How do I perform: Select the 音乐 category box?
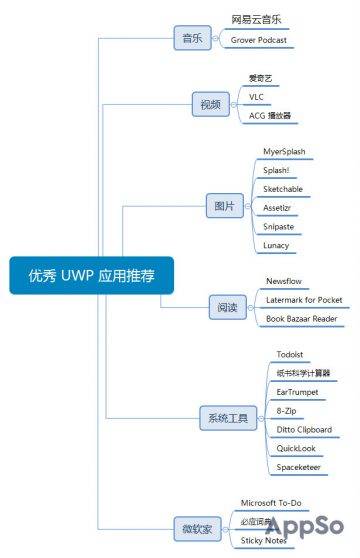[190, 39]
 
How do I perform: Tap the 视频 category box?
[210, 103]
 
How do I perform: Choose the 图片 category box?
[225, 208]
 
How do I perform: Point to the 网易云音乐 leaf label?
[257, 19]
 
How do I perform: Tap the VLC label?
[257, 96]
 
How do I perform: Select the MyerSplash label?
[284, 152]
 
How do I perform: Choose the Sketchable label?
[283, 189]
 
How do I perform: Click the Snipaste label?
[279, 226]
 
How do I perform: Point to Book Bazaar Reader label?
[301, 318]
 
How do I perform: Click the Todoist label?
[292, 354]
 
